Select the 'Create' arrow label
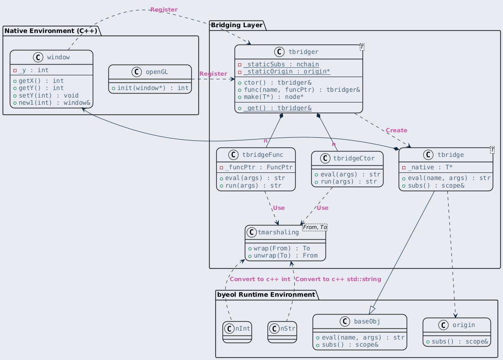click(x=396, y=131)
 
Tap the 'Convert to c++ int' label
click(x=260, y=279)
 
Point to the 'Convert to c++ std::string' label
click(x=338, y=279)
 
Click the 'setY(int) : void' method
click(x=49, y=95)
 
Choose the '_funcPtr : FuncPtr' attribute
click(x=259, y=167)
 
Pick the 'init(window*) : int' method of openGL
click(x=153, y=88)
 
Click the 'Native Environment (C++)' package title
click(x=51, y=31)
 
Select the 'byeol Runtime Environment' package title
click(x=266, y=295)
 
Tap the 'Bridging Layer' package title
click(x=237, y=25)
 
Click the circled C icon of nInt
click(x=229, y=328)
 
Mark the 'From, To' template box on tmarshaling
click(x=315, y=227)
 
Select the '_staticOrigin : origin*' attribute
click(x=287, y=71)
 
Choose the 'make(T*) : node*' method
click(x=274, y=97)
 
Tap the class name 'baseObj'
click(x=367, y=322)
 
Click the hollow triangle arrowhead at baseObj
click(x=372, y=310)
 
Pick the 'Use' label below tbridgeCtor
click(x=322, y=208)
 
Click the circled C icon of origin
click(x=443, y=325)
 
